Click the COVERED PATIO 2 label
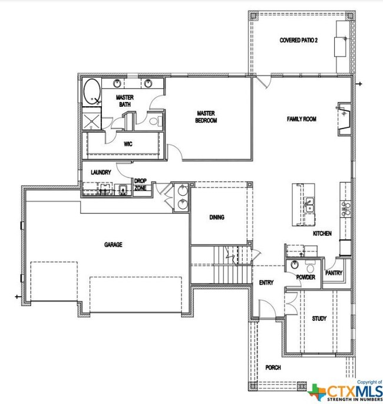[298, 40]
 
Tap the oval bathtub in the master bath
[92, 91]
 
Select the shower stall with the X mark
[92, 120]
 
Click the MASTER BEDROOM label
[206, 117]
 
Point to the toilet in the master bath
[156, 121]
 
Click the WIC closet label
[128, 144]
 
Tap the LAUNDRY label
[101, 172]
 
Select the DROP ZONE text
[141, 185]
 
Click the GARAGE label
[113, 245]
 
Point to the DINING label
[217, 217]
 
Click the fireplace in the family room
[344, 119]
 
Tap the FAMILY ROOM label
[302, 119]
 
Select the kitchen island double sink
[309, 205]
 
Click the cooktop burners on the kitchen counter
[345, 209]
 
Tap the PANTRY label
[334, 273]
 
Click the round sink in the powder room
[295, 265]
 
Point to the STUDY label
[319, 318]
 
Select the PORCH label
[273, 367]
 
